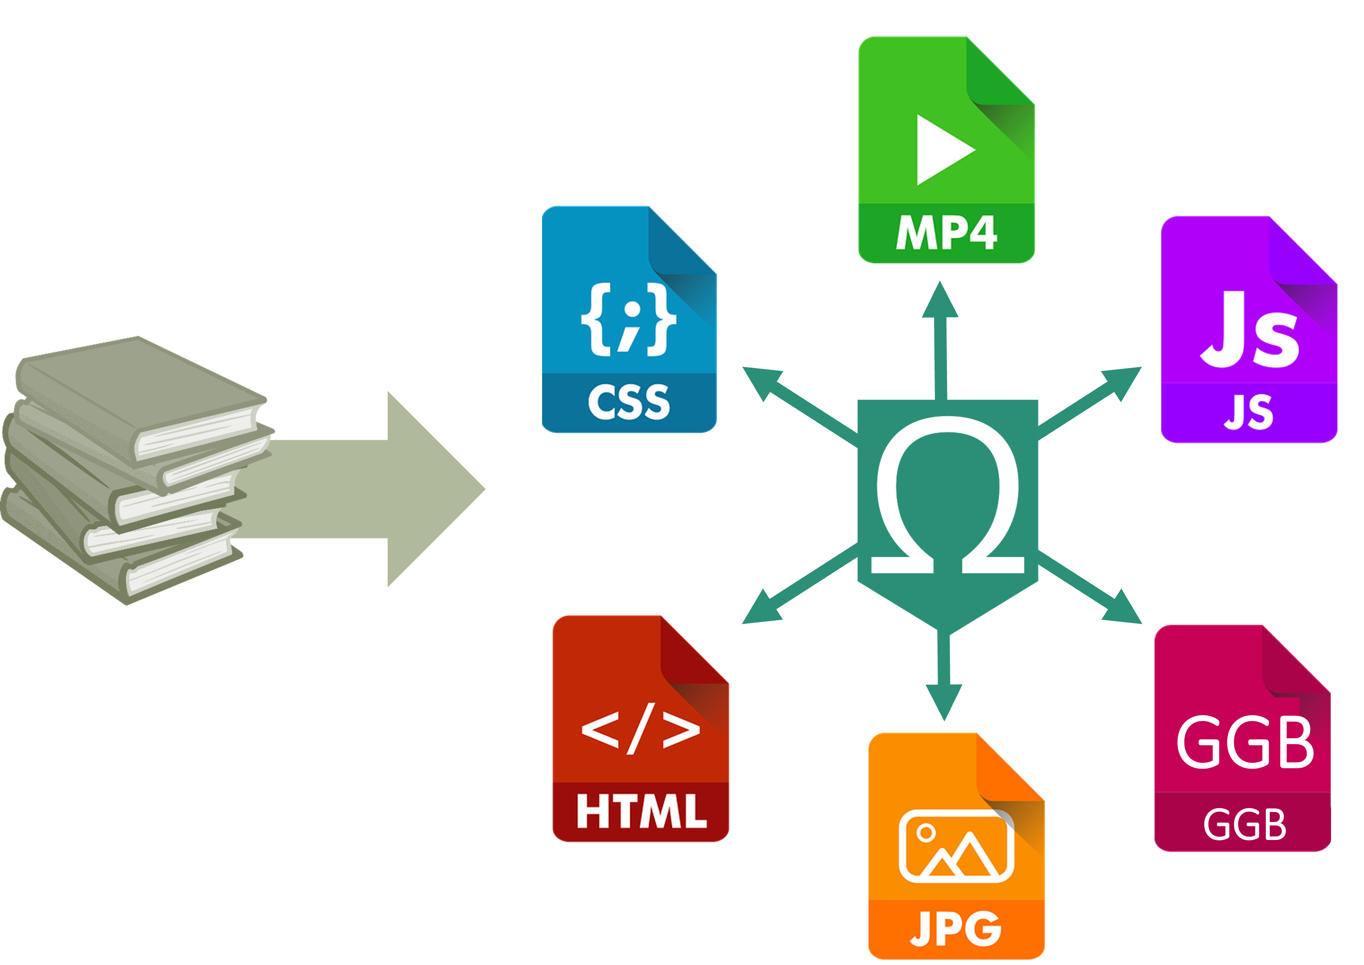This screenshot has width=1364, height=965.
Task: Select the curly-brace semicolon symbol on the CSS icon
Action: pyautogui.click(x=628, y=320)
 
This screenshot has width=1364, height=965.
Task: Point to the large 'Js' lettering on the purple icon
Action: pyautogui.click(x=1249, y=331)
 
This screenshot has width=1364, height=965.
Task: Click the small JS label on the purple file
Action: pyautogui.click(x=1249, y=412)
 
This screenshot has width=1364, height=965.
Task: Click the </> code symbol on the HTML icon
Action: pyautogui.click(x=640, y=728)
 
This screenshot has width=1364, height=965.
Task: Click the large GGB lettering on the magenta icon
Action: pyautogui.click(x=1245, y=743)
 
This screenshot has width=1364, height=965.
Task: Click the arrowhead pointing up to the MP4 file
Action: pyautogui.click(x=940, y=301)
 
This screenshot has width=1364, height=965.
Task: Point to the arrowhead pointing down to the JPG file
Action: pyautogui.click(x=944, y=702)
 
